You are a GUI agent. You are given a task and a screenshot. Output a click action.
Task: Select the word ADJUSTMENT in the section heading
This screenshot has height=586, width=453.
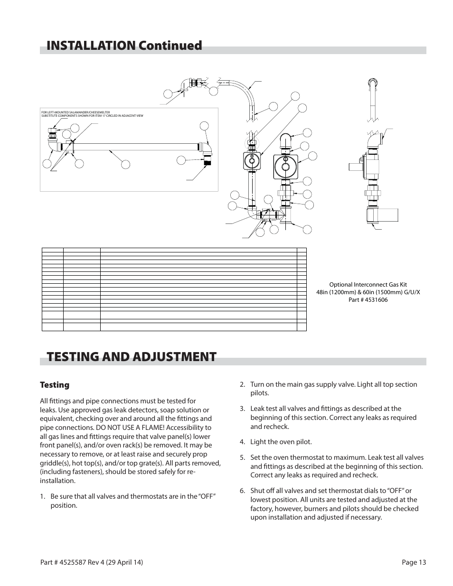[x=166, y=357]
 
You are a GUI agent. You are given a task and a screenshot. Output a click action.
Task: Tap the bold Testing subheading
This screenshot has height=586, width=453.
[x=55, y=385]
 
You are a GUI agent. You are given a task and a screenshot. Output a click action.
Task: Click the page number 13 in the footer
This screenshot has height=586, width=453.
[x=422, y=563]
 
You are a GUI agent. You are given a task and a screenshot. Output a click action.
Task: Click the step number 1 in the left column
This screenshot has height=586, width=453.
[x=43, y=496]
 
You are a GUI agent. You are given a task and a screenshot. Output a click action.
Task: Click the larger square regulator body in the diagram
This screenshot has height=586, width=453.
[x=286, y=167]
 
